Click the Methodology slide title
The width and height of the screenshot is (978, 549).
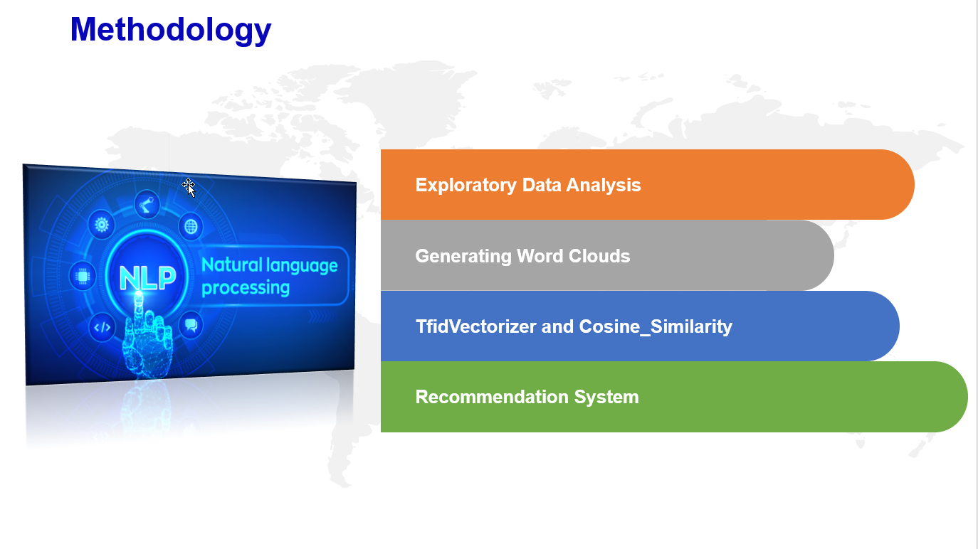click(x=171, y=31)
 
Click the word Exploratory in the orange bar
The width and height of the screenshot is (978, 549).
click(x=466, y=186)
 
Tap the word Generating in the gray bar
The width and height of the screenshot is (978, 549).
click(x=463, y=257)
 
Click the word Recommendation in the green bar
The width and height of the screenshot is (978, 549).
click(x=492, y=397)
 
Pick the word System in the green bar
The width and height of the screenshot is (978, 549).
click(x=606, y=398)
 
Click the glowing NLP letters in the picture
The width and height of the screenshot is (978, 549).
click(x=147, y=278)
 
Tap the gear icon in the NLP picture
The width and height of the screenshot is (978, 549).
click(x=102, y=225)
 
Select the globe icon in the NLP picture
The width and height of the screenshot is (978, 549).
click(x=191, y=226)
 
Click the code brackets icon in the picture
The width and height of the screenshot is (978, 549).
click(x=102, y=327)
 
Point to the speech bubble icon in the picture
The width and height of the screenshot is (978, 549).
click(x=191, y=325)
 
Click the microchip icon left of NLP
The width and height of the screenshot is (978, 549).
click(x=82, y=276)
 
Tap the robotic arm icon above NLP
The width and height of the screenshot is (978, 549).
click(x=147, y=203)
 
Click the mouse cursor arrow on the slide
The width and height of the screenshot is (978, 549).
click(x=189, y=188)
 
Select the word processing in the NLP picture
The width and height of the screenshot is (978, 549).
click(x=246, y=288)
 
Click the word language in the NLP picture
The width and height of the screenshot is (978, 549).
click(x=302, y=266)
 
